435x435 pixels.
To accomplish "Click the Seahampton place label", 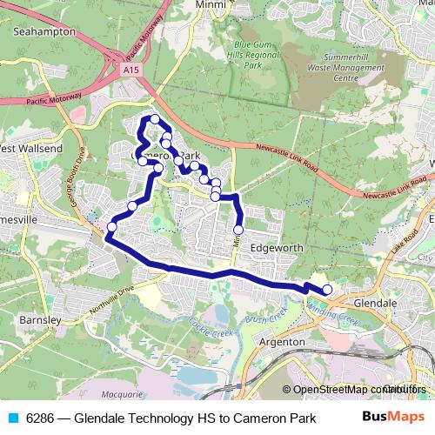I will click(43, 31).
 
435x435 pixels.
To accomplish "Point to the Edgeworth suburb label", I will click(276, 248).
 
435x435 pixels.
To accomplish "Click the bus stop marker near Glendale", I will click(327, 290).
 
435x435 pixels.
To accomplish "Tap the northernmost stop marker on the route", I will click(155, 119).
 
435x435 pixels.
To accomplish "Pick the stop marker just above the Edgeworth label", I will click(238, 231).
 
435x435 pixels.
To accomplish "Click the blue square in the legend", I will click(12, 417).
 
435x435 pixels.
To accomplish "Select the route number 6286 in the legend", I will click(40, 417).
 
